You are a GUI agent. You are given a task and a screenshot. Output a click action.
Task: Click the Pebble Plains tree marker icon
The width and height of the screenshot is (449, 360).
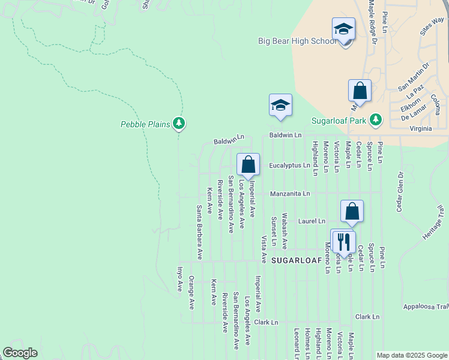click(178, 124)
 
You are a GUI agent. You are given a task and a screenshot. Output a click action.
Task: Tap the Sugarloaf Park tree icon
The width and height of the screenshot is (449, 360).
click(376, 120)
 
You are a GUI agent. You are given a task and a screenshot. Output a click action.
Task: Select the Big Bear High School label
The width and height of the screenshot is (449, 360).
click(297, 41)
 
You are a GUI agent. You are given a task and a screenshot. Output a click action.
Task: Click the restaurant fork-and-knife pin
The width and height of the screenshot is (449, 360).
click(343, 242)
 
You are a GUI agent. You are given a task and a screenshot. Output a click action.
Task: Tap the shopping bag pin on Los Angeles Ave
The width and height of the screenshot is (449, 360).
click(248, 164)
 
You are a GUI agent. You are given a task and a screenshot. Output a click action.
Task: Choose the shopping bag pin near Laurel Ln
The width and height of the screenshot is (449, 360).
click(352, 211)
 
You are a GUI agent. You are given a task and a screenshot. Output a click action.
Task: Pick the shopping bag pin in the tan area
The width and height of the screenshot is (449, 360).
click(360, 91)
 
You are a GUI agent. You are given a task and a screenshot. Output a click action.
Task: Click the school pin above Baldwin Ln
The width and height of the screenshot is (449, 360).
click(280, 106)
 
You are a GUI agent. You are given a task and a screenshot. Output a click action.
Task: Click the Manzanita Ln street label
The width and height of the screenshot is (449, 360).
click(290, 194)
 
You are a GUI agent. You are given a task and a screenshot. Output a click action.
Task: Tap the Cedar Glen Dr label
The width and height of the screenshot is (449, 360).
click(399, 191)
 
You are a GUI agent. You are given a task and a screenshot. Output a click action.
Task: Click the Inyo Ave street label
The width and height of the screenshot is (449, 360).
click(179, 279)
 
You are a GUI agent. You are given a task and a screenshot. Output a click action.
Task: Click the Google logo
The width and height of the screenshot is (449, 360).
click(20, 353)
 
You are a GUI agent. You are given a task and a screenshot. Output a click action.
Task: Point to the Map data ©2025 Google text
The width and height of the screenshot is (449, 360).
click(411, 355)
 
